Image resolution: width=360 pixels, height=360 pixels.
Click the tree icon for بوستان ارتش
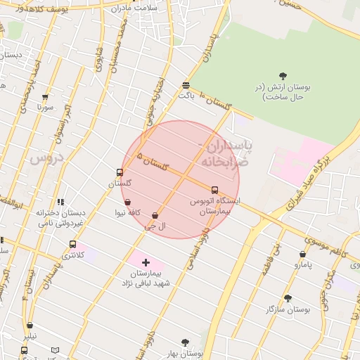coord(283,76)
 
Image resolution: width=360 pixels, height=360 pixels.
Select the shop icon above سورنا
coord(46,97)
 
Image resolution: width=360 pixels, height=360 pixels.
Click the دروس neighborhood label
coord(46,159)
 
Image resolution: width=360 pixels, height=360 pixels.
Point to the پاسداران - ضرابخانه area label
coord(226,153)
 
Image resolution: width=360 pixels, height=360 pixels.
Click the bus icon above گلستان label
coord(120,172)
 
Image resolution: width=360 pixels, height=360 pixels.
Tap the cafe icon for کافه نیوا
coord(127,202)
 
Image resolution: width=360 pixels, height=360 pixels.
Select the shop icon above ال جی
coord(155,216)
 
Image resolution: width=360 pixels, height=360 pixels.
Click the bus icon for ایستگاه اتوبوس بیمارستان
coord(214,190)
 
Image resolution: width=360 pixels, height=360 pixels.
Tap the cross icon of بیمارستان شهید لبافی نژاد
coord(146,262)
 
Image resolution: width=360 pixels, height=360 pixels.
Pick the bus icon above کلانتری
coord(72,244)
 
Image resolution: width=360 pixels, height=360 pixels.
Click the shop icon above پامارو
coord(302,255)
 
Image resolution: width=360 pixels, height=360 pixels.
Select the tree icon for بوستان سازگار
coord(287,298)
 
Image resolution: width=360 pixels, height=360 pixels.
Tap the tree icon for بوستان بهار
coord(185,342)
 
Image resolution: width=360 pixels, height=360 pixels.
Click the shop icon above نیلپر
coord(30,326)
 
